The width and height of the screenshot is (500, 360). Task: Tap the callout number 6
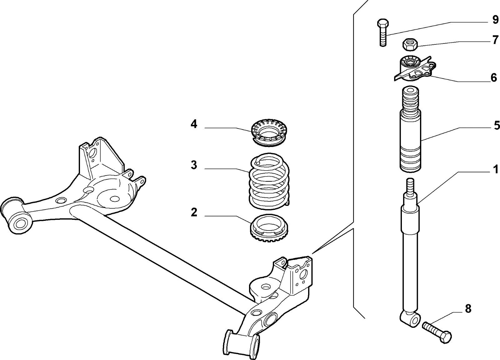pyautogui.click(x=494, y=77)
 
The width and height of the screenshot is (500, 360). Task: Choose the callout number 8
pyautogui.click(x=468, y=309)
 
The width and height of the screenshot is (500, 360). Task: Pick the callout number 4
pyautogui.click(x=194, y=124)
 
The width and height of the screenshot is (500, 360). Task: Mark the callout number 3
pyautogui.click(x=194, y=165)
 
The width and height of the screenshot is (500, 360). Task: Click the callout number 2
pyautogui.click(x=194, y=212)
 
